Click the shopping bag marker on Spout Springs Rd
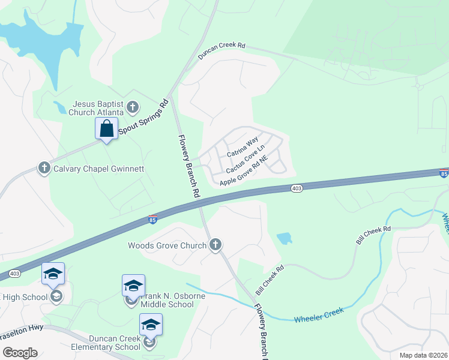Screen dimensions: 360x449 point(106,128)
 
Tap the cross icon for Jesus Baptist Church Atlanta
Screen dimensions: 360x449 point(133,108)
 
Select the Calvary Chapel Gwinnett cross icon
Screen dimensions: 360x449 point(44,168)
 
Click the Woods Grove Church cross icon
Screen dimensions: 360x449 point(215,244)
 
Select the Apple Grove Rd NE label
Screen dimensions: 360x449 point(243,172)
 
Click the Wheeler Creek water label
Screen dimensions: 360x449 point(318,314)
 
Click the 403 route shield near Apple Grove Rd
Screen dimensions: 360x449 point(297,188)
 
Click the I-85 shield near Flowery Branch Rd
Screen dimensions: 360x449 point(153,219)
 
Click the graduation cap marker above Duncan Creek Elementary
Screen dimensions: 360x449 point(150,325)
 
